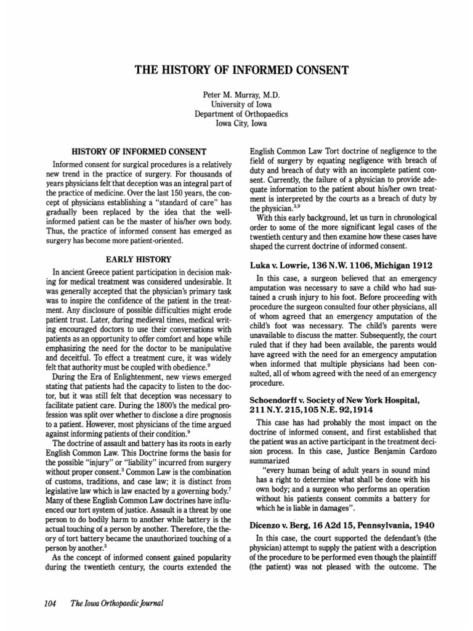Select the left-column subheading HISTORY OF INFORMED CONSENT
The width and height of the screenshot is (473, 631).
tap(139, 151)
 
